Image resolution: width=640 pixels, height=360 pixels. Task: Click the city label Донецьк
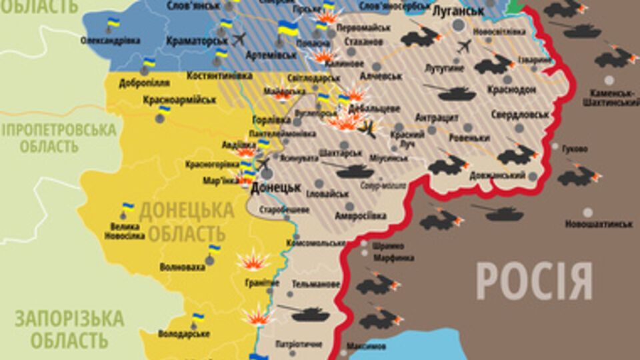[x=276, y=188]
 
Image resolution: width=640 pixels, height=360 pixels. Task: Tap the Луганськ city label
[x=458, y=11]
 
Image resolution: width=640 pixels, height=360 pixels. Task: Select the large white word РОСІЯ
[x=534, y=281]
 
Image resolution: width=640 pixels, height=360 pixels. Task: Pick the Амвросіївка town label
[x=361, y=215]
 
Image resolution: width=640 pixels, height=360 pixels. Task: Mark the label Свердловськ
[x=519, y=114]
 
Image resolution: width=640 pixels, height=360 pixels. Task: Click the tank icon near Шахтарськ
[x=354, y=171]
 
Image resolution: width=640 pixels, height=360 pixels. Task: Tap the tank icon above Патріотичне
[x=303, y=313]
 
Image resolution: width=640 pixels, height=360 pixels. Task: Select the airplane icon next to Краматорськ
[x=239, y=37]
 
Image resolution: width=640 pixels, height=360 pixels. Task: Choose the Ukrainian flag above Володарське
[x=197, y=318]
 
